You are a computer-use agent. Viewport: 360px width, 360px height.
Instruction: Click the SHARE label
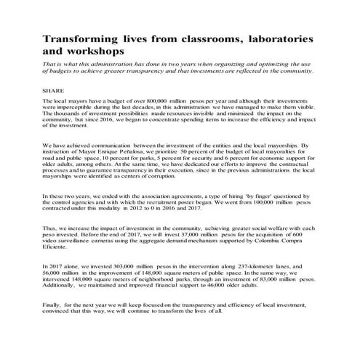pos(54,90)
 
